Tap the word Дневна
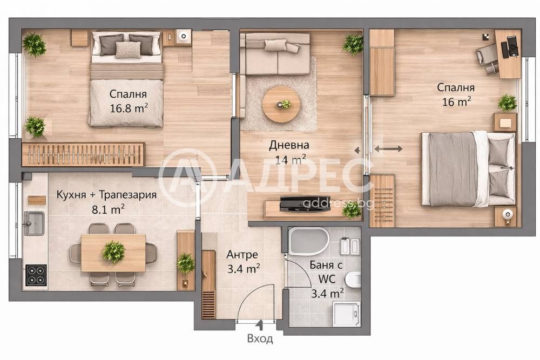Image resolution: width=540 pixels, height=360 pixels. click(x=289, y=145)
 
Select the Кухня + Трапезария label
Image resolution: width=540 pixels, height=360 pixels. click(x=106, y=195)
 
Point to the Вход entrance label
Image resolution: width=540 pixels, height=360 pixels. click(x=260, y=339)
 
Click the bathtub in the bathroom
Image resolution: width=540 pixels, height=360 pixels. click(x=308, y=241)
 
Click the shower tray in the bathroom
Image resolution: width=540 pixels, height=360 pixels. click(x=346, y=314)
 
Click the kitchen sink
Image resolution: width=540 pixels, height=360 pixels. click(x=35, y=223)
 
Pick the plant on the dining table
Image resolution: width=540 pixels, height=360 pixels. click(x=113, y=252)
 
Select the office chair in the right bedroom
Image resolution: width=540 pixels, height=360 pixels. click(x=488, y=56)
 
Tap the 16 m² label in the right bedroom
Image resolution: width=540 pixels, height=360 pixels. click(x=456, y=101)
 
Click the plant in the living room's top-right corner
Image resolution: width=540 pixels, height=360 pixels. click(x=353, y=44)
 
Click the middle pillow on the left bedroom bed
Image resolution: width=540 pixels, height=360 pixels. click(x=128, y=50)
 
